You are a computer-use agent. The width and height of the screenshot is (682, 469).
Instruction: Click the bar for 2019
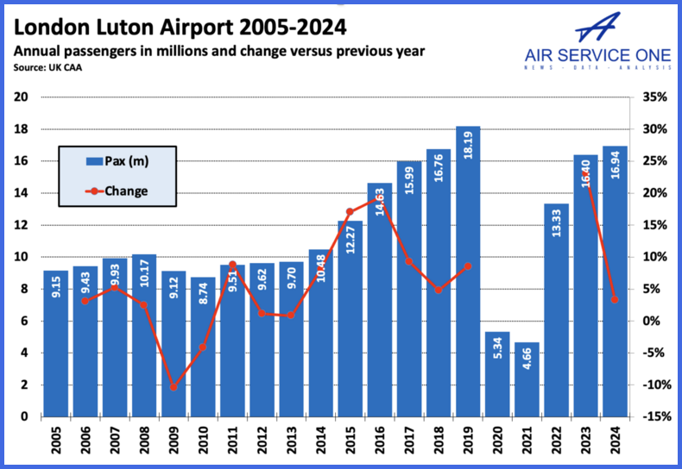(x=467, y=276)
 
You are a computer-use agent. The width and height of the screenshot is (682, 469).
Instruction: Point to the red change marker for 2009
(x=174, y=387)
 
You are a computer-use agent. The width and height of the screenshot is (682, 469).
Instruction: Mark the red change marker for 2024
(x=614, y=300)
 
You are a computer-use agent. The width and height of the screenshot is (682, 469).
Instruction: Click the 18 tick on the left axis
(x=22, y=129)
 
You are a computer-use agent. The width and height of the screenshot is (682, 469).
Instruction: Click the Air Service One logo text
(x=598, y=56)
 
